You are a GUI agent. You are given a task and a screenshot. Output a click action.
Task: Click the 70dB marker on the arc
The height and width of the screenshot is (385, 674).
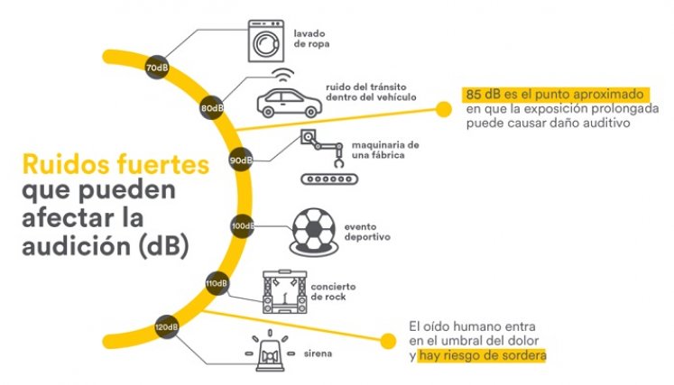[156, 68]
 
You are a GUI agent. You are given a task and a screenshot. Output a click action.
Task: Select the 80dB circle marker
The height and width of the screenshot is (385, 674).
[212, 108]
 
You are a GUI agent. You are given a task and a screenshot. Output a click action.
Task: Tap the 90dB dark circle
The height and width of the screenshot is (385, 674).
[241, 160]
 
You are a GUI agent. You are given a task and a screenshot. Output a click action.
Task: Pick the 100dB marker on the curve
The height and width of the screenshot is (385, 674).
[243, 226]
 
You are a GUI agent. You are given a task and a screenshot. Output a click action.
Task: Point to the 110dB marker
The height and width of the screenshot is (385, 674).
[217, 284]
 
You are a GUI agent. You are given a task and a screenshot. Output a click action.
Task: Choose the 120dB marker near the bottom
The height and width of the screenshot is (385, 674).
[167, 327]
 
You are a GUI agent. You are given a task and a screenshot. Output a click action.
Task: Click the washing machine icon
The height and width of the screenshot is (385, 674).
[266, 41]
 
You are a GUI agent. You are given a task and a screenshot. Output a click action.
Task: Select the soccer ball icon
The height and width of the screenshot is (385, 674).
[313, 232]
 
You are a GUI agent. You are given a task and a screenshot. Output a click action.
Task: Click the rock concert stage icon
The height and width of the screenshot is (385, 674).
[284, 292]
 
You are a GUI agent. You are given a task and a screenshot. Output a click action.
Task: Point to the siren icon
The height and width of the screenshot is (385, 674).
[270, 352]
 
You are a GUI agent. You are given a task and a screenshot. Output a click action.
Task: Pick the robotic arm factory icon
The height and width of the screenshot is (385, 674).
[328, 157]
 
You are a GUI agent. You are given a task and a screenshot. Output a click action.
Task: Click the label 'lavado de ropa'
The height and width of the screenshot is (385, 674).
[311, 39]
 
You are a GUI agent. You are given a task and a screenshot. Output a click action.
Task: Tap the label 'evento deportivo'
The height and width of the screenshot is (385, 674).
[367, 232]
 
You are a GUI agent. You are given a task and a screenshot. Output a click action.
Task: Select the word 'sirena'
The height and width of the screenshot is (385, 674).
[319, 353]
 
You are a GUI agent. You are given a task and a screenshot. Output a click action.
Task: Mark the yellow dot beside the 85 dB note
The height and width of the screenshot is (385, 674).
[443, 109]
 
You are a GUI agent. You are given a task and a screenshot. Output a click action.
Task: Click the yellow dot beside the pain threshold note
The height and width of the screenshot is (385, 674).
[388, 341]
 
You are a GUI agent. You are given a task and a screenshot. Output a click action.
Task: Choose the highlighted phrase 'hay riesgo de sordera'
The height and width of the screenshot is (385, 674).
[483, 356]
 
